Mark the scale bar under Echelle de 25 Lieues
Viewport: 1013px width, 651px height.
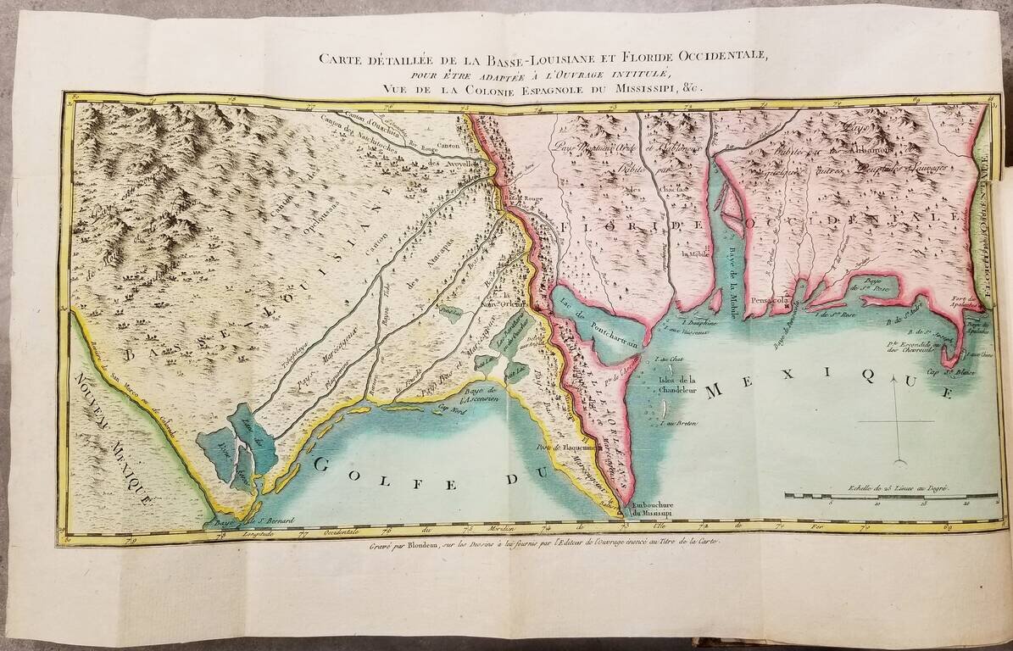[882, 495]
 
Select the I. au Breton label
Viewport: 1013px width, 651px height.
[676, 423]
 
